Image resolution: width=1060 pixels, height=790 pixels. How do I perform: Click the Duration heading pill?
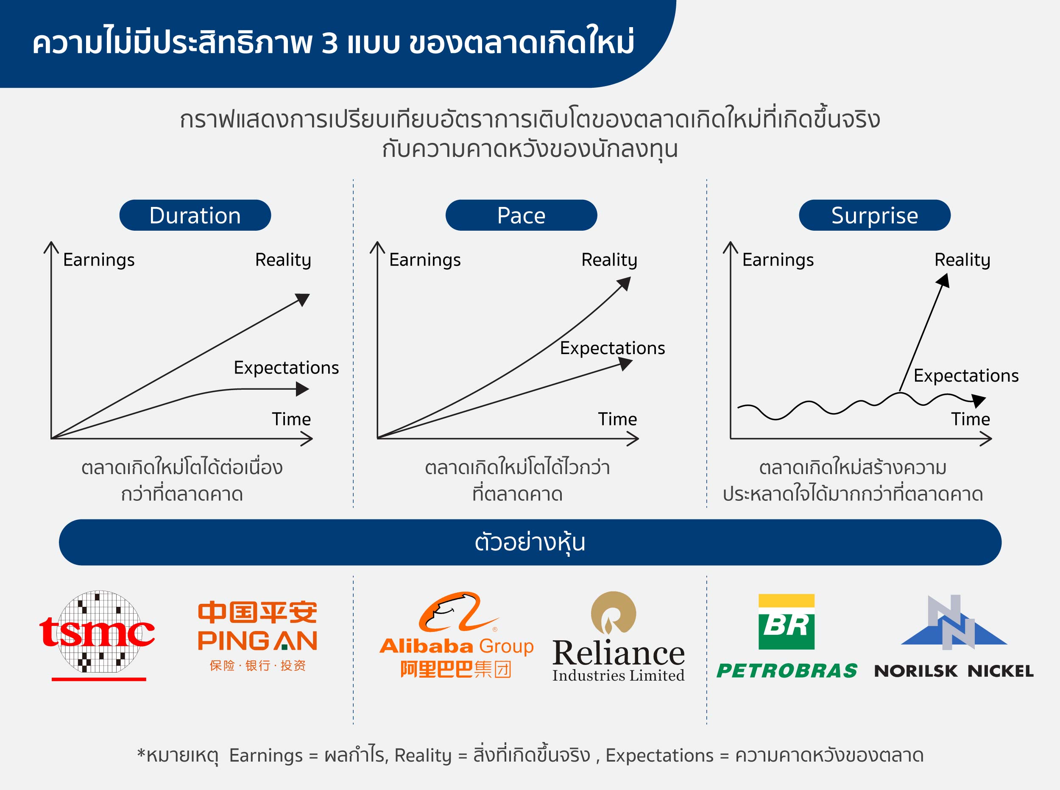[x=195, y=215]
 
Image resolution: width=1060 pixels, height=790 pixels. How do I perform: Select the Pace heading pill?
[x=521, y=215]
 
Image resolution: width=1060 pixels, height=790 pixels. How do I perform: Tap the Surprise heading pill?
[x=874, y=215]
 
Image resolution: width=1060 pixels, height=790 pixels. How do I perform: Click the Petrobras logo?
[x=787, y=636]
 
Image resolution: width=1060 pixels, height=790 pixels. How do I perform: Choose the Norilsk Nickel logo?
[x=954, y=636]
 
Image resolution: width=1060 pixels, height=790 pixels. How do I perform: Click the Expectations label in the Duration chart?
[x=286, y=368]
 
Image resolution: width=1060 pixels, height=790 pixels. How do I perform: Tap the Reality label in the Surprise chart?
[x=962, y=260]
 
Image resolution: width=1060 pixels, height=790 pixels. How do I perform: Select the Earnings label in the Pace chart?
[x=424, y=260]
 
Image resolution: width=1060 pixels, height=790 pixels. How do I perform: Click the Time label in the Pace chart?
[x=617, y=419]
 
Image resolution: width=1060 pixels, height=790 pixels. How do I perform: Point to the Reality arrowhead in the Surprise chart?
[x=943, y=280]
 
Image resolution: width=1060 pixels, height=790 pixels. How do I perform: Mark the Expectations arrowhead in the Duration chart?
[x=302, y=389]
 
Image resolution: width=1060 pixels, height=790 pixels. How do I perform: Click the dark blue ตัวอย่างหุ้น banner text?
[x=530, y=543]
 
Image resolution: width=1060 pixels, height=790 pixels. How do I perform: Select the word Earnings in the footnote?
[x=266, y=756]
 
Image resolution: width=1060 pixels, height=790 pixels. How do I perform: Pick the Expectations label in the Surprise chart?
[x=966, y=376]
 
